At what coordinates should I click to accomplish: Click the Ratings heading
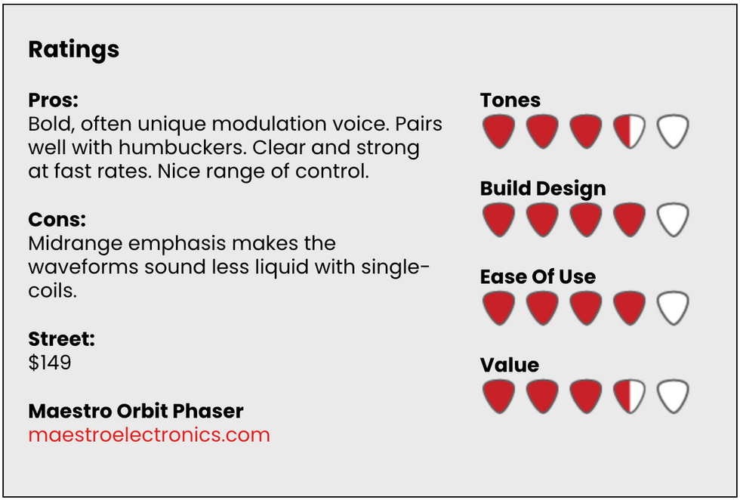tap(74, 50)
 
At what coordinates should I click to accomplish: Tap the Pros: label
tap(54, 100)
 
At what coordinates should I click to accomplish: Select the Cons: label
tap(57, 220)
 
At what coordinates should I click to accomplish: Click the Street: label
tap(62, 339)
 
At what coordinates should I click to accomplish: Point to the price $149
tap(50, 363)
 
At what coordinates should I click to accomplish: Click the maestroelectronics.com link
tap(150, 435)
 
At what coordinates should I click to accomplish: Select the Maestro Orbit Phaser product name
tap(136, 411)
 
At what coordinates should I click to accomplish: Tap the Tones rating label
tap(510, 100)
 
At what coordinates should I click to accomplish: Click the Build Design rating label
tap(543, 188)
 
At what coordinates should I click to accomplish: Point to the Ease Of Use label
tap(538, 276)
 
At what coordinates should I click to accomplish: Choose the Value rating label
tap(509, 365)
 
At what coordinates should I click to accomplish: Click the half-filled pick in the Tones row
tap(630, 131)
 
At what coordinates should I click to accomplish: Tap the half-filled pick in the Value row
tap(630, 396)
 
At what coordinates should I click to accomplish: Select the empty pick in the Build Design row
tap(673, 219)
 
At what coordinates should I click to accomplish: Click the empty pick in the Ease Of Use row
tap(673, 307)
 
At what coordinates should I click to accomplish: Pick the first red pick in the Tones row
tap(499, 131)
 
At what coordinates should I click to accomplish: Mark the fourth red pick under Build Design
tap(630, 219)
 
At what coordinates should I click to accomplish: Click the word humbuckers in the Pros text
tap(183, 148)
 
